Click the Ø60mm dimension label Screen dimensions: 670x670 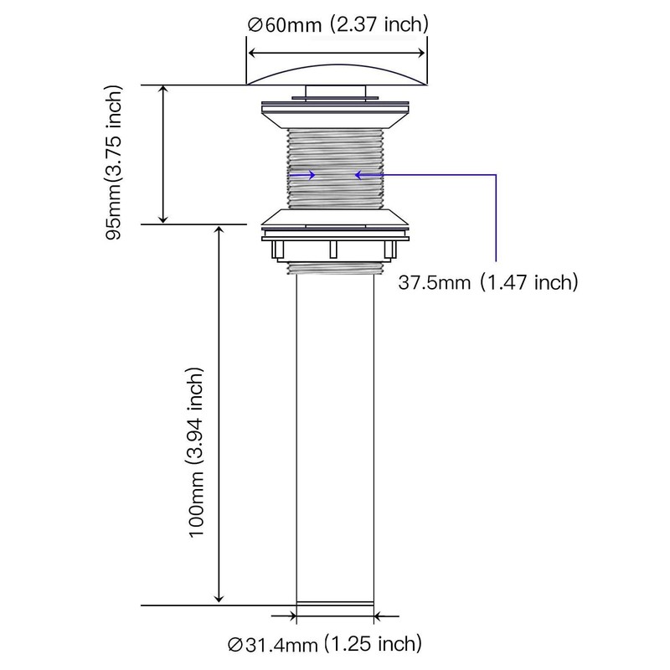pyautogui.click(x=284, y=25)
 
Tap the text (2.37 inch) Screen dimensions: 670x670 pyautogui.click(x=379, y=24)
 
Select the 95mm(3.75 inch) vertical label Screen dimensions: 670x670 pyautogui.click(x=114, y=162)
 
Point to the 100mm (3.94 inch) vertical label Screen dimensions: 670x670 pyautogui.click(x=196, y=452)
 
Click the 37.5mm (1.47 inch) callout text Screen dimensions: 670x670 pyautogui.click(x=488, y=282)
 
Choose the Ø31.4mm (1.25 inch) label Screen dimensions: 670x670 pyautogui.click(x=325, y=644)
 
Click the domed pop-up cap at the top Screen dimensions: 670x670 pyautogui.click(x=337, y=75)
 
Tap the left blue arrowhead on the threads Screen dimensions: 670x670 pyautogui.click(x=311, y=174)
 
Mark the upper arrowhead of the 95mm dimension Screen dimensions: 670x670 pyautogui.click(x=163, y=89)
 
